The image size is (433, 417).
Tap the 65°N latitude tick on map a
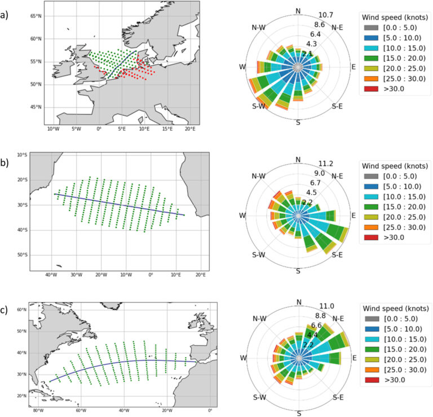[36, 16]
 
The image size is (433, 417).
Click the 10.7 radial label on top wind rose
[326, 15]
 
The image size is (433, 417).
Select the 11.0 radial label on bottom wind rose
[326, 306]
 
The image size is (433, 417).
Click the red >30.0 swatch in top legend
[369, 89]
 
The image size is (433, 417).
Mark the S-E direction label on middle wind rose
[338, 254]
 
